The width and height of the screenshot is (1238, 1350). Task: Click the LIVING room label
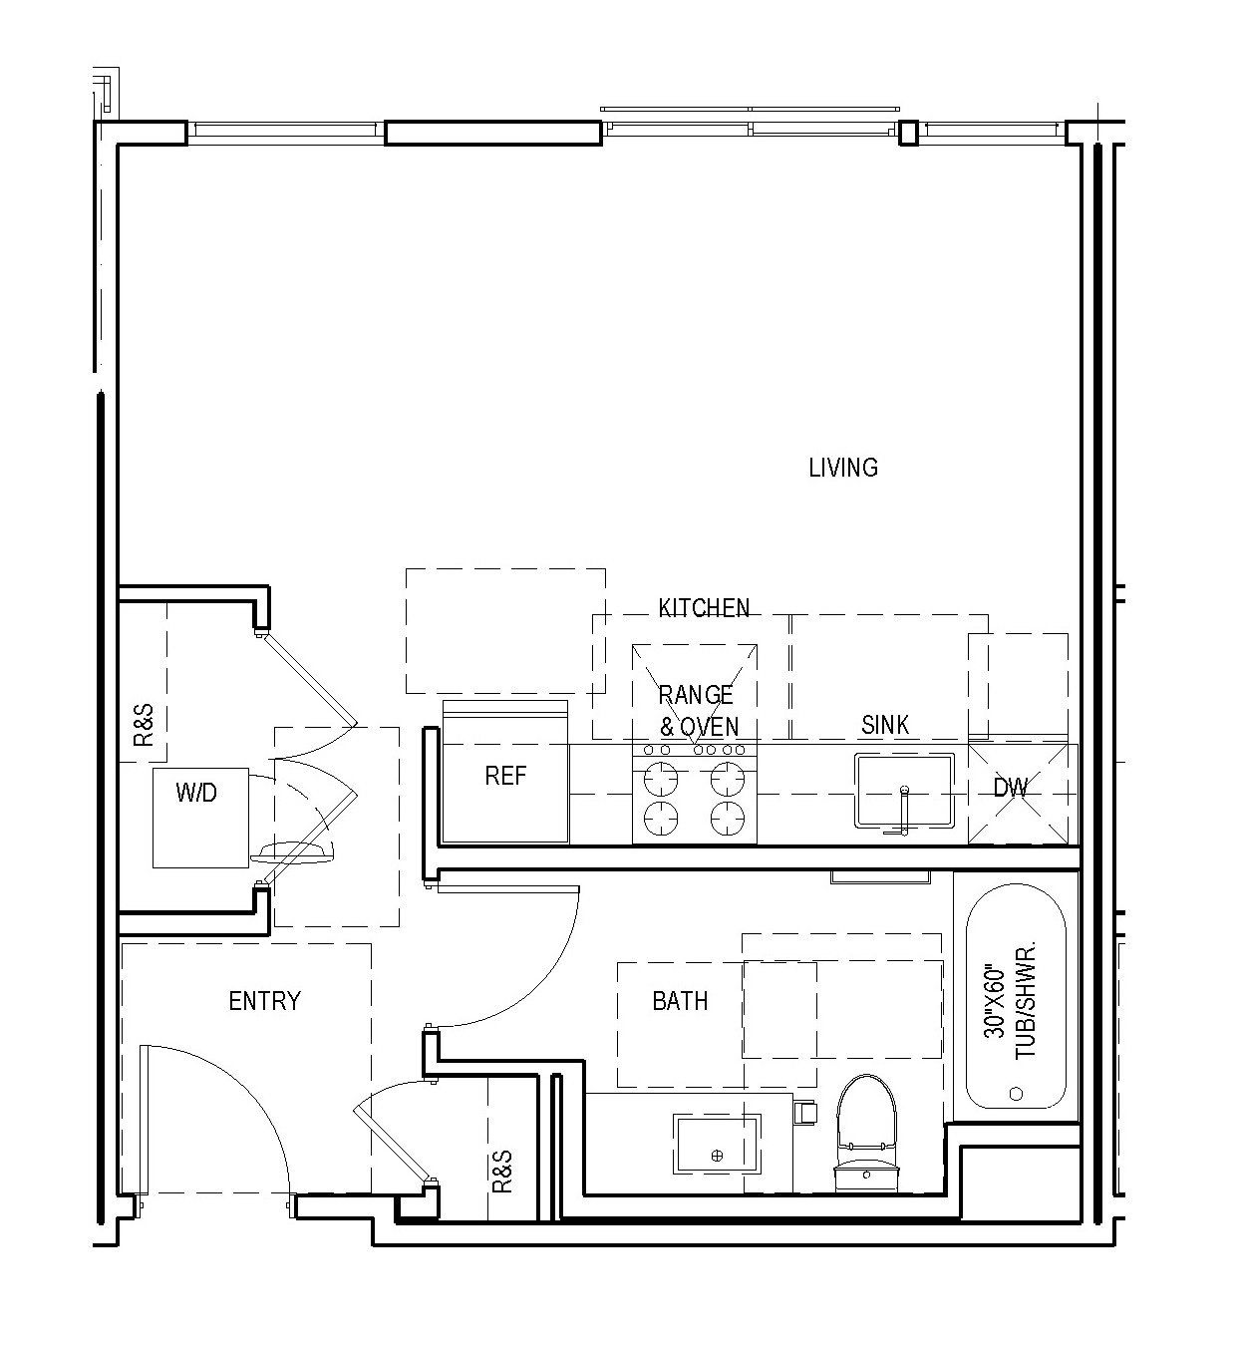[x=842, y=468]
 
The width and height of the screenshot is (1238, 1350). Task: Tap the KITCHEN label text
[x=704, y=607]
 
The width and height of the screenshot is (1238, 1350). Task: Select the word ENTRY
[x=264, y=1001]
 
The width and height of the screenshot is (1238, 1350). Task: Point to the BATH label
[x=680, y=1001]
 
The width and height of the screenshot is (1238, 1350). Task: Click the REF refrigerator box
[x=505, y=777]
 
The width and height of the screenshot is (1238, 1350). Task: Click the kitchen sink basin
[x=903, y=790]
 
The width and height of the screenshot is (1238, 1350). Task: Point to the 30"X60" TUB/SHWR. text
[x=1011, y=1000]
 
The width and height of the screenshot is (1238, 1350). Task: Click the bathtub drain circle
[x=1016, y=1093]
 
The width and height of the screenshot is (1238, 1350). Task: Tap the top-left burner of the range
[x=661, y=776]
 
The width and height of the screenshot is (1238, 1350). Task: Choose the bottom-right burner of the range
[x=729, y=817]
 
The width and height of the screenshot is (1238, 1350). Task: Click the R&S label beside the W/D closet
[x=144, y=725]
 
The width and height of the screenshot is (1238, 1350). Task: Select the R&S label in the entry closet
[x=501, y=1171]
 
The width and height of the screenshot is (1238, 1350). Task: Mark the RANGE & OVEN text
[x=697, y=710]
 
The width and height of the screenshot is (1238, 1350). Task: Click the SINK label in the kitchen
[x=885, y=725]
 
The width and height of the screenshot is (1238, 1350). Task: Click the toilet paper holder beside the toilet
[x=804, y=1110]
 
